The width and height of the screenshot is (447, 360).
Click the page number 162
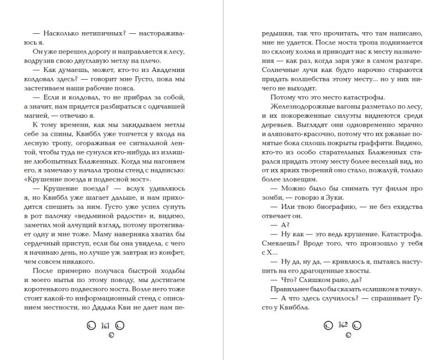(343, 326)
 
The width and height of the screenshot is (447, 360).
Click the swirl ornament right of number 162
(357, 326)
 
